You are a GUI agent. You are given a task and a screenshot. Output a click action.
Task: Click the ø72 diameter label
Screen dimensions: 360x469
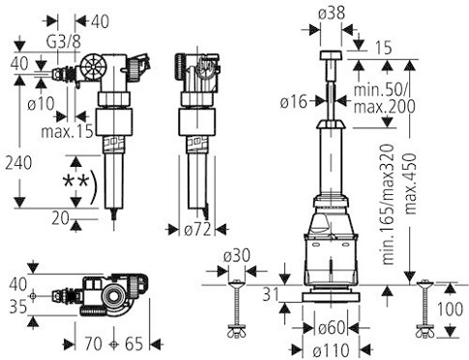(x=197, y=230)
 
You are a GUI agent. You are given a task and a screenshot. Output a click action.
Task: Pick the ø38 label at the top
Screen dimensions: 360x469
(x=332, y=13)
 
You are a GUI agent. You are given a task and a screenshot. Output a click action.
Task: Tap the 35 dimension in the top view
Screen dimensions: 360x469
(x=16, y=310)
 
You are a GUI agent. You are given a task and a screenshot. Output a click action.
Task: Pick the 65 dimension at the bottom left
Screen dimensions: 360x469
(x=134, y=342)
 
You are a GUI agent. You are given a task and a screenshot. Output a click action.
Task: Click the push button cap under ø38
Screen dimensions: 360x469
(x=332, y=52)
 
